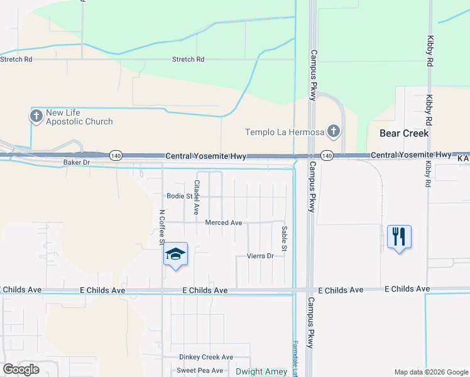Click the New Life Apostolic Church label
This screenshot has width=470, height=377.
[79, 117]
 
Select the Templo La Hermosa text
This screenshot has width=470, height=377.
[285, 132]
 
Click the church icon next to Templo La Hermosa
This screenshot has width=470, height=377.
[334, 132]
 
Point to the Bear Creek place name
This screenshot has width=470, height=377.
[404, 133]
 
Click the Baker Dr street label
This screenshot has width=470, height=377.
[77, 162]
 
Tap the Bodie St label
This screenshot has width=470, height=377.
[179, 196]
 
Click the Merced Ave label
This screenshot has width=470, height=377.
[224, 222]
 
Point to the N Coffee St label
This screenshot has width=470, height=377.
[161, 227]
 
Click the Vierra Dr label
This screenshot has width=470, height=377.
[260, 256]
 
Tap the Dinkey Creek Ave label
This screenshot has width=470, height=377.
[206, 357]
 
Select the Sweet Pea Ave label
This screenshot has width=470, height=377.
[200, 371]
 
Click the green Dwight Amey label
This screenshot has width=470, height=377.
[261, 371]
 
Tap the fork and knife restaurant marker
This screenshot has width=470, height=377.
[399, 238]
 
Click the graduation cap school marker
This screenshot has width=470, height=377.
[175, 254]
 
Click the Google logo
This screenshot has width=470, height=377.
[21, 369]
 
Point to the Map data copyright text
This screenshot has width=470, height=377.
[430, 371]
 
